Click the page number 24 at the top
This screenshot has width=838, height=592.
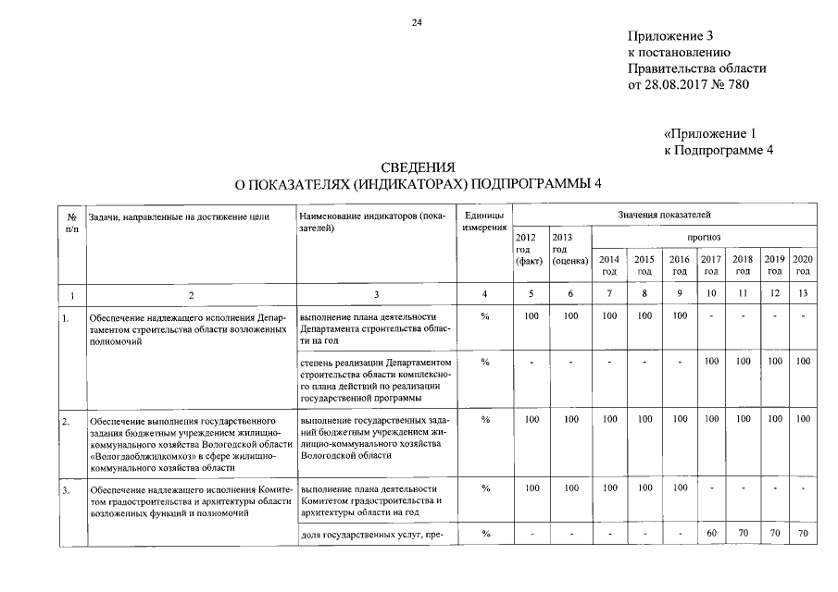(418, 22)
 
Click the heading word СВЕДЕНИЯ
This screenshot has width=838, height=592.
(418, 167)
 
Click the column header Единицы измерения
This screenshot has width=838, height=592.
(484, 221)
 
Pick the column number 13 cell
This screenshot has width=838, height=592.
(803, 293)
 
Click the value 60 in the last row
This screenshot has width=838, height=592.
(711, 533)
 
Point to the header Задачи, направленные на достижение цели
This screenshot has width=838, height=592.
(179, 216)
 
